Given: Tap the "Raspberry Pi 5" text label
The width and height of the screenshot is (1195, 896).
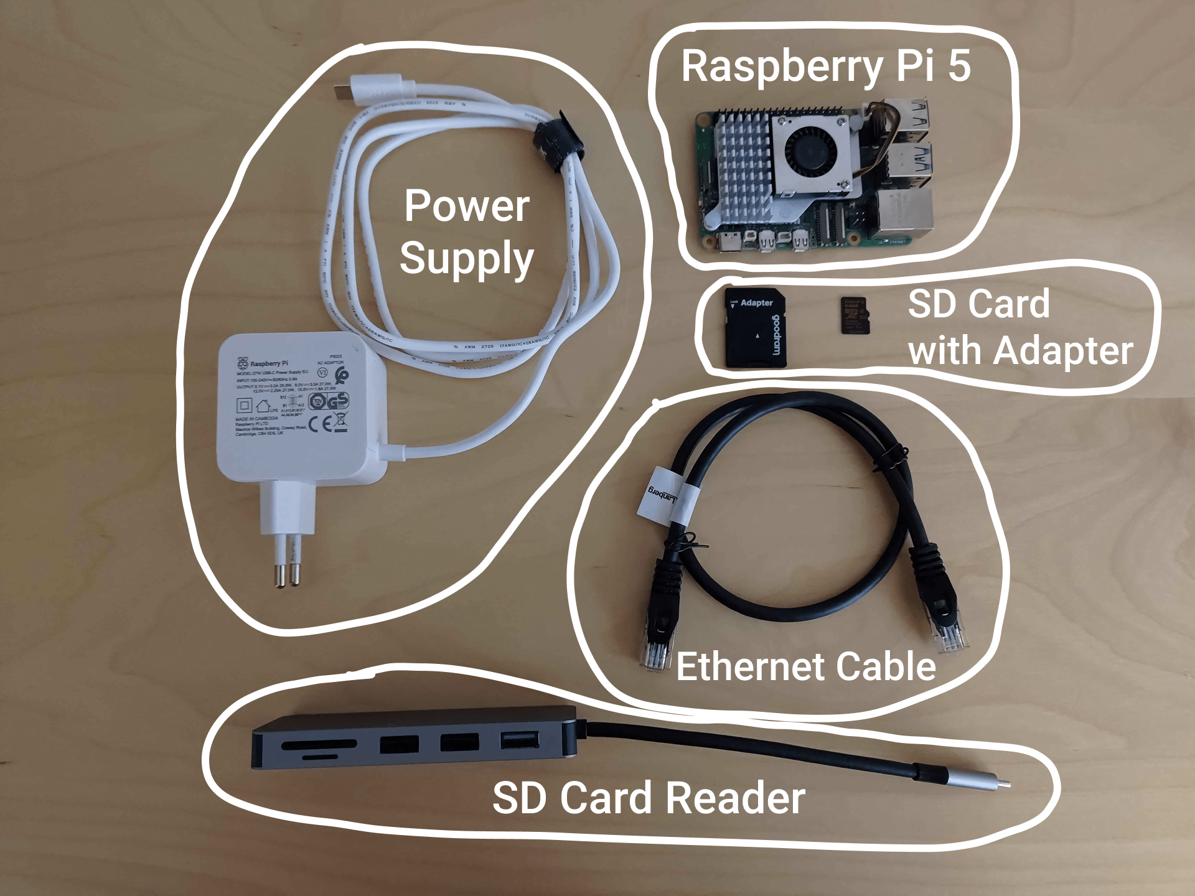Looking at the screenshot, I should click(825, 66).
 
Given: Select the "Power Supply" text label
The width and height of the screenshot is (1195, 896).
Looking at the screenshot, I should click(467, 231).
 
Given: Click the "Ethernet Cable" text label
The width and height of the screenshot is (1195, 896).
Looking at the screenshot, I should click(805, 666).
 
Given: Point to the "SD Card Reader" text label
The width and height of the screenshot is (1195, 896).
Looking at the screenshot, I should click(649, 798).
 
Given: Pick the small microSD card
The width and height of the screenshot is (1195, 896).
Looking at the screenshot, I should click(854, 315).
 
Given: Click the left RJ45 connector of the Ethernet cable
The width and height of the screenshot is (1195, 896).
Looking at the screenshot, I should click(657, 641).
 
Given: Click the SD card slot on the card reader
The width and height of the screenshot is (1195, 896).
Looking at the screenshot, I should click(319, 744).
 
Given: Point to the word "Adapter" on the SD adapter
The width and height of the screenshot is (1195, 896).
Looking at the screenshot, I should click(756, 303).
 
